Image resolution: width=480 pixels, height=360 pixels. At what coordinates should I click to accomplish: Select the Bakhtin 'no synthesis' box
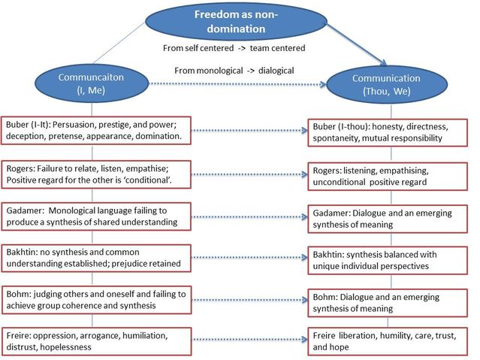[107, 259]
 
